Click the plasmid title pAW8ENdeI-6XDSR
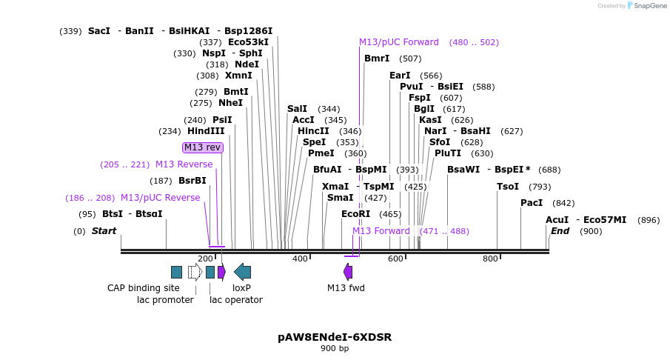point(335,337)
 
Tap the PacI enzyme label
point(532,203)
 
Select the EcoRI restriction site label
point(355,214)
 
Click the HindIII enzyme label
point(206,131)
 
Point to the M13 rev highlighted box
point(202,147)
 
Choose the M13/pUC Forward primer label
point(398,42)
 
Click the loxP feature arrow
point(242,272)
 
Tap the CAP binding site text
point(143,287)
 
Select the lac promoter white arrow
point(195,272)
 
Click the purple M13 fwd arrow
point(347,272)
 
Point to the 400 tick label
point(300,259)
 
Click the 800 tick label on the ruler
point(490,259)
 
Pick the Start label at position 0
point(104,231)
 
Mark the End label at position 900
point(560,231)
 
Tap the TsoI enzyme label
point(508,187)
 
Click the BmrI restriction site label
point(377,59)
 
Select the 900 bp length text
point(335,349)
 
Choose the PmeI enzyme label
point(321,153)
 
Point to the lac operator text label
point(236,299)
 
